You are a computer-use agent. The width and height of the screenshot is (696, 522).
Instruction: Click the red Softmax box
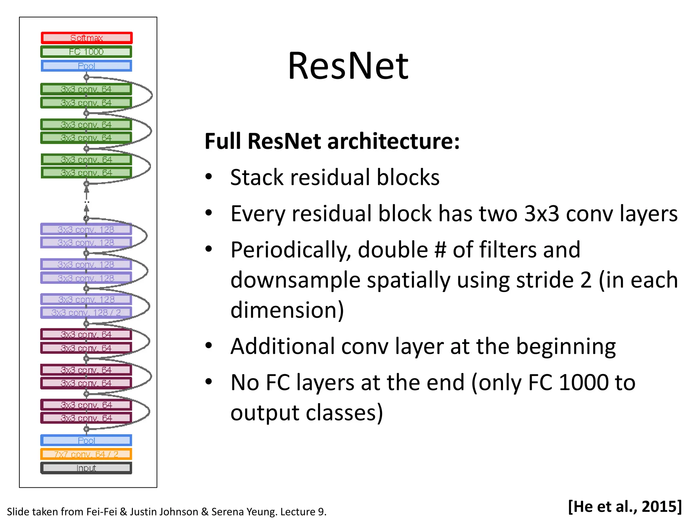(x=86, y=38)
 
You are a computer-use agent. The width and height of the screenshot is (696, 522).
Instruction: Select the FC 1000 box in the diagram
(x=86, y=52)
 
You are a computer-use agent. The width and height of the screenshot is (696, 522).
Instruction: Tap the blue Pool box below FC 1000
(x=86, y=66)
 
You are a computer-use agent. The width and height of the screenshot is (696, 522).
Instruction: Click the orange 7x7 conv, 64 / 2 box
(x=86, y=454)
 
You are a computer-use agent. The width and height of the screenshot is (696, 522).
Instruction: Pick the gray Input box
(x=86, y=468)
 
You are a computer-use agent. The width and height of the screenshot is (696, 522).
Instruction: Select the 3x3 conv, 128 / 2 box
(x=86, y=313)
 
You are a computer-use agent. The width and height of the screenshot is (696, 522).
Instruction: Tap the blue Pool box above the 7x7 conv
(x=86, y=440)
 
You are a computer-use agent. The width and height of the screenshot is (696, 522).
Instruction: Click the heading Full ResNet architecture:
(x=332, y=141)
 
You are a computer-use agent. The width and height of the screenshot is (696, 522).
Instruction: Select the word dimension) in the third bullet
(x=287, y=310)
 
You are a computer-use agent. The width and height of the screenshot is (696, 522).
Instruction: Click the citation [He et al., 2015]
(x=625, y=506)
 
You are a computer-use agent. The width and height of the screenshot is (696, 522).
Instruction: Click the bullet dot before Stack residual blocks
(x=209, y=177)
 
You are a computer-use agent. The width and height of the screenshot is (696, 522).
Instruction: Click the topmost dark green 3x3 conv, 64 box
(x=86, y=89)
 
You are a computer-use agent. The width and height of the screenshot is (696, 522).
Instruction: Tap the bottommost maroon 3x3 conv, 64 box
(x=86, y=418)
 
